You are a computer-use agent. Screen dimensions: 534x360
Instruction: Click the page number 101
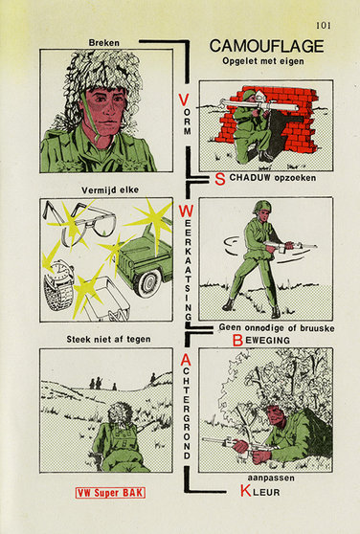click(x=320, y=26)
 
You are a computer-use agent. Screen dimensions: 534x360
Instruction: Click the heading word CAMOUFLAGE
click(x=264, y=45)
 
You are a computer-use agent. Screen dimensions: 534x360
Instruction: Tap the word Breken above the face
click(x=103, y=42)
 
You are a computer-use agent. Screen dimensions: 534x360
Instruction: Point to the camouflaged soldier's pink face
click(x=104, y=106)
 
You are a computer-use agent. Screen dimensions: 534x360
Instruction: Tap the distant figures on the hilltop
click(x=97, y=383)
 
